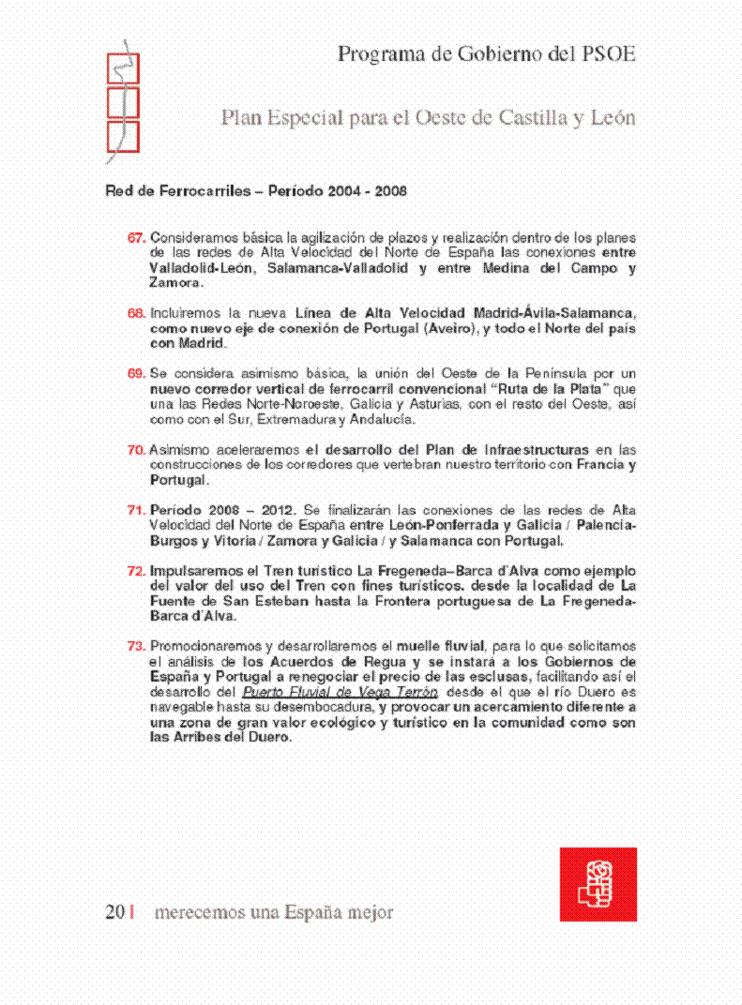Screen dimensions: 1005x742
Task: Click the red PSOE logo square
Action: click(598, 884)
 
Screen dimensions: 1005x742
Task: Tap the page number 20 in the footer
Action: click(114, 912)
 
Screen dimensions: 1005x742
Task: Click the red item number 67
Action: click(136, 237)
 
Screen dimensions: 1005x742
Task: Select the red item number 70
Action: click(136, 450)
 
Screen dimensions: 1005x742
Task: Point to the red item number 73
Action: click(136, 646)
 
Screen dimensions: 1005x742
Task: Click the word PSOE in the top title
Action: click(608, 54)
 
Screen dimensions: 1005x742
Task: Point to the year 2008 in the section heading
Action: click(390, 191)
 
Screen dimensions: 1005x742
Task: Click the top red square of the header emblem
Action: click(123, 68)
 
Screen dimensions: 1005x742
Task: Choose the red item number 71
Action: click(136, 510)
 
